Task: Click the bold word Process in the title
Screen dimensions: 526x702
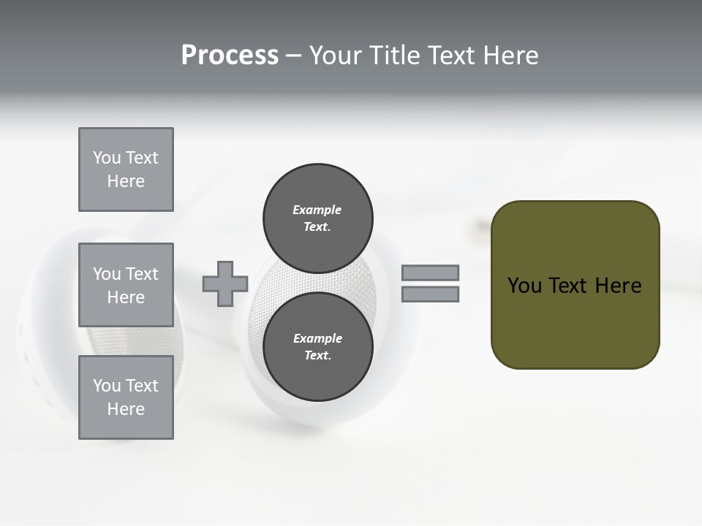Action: [230, 56]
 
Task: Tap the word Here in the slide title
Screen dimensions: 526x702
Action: [510, 56]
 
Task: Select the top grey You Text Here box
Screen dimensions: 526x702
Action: [126, 169]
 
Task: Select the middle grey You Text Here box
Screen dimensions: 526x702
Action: [126, 285]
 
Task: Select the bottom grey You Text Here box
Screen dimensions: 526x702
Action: [126, 397]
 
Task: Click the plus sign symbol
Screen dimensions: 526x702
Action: [225, 283]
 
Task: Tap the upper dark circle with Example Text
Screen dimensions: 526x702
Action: [317, 218]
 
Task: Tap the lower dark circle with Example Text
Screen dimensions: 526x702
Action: [317, 346]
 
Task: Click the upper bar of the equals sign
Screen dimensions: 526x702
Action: [430, 272]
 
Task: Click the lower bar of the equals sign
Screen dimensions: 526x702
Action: [430, 294]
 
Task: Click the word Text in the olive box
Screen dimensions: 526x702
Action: [567, 286]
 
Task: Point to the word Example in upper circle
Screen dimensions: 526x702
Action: [317, 210]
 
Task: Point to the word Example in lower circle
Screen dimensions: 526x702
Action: [317, 338]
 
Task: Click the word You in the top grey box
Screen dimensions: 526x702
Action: [107, 158]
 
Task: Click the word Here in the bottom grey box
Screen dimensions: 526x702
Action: [126, 409]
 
